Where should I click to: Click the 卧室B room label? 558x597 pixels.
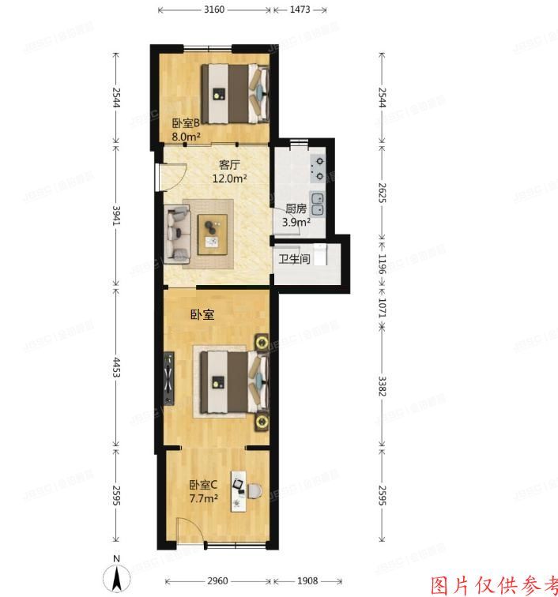tap(184, 123)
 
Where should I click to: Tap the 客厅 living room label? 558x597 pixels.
tap(229, 166)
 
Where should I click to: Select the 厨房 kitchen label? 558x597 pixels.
tap(296, 209)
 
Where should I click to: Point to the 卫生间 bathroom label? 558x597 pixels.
tap(293, 259)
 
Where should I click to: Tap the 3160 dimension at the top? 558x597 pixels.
tap(215, 10)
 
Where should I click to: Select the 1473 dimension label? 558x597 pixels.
tap(299, 10)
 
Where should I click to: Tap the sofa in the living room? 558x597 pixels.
tap(178, 233)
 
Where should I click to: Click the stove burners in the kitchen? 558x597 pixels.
tap(319, 167)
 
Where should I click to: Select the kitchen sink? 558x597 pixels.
tap(317, 205)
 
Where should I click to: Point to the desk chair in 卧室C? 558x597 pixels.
tap(253, 491)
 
